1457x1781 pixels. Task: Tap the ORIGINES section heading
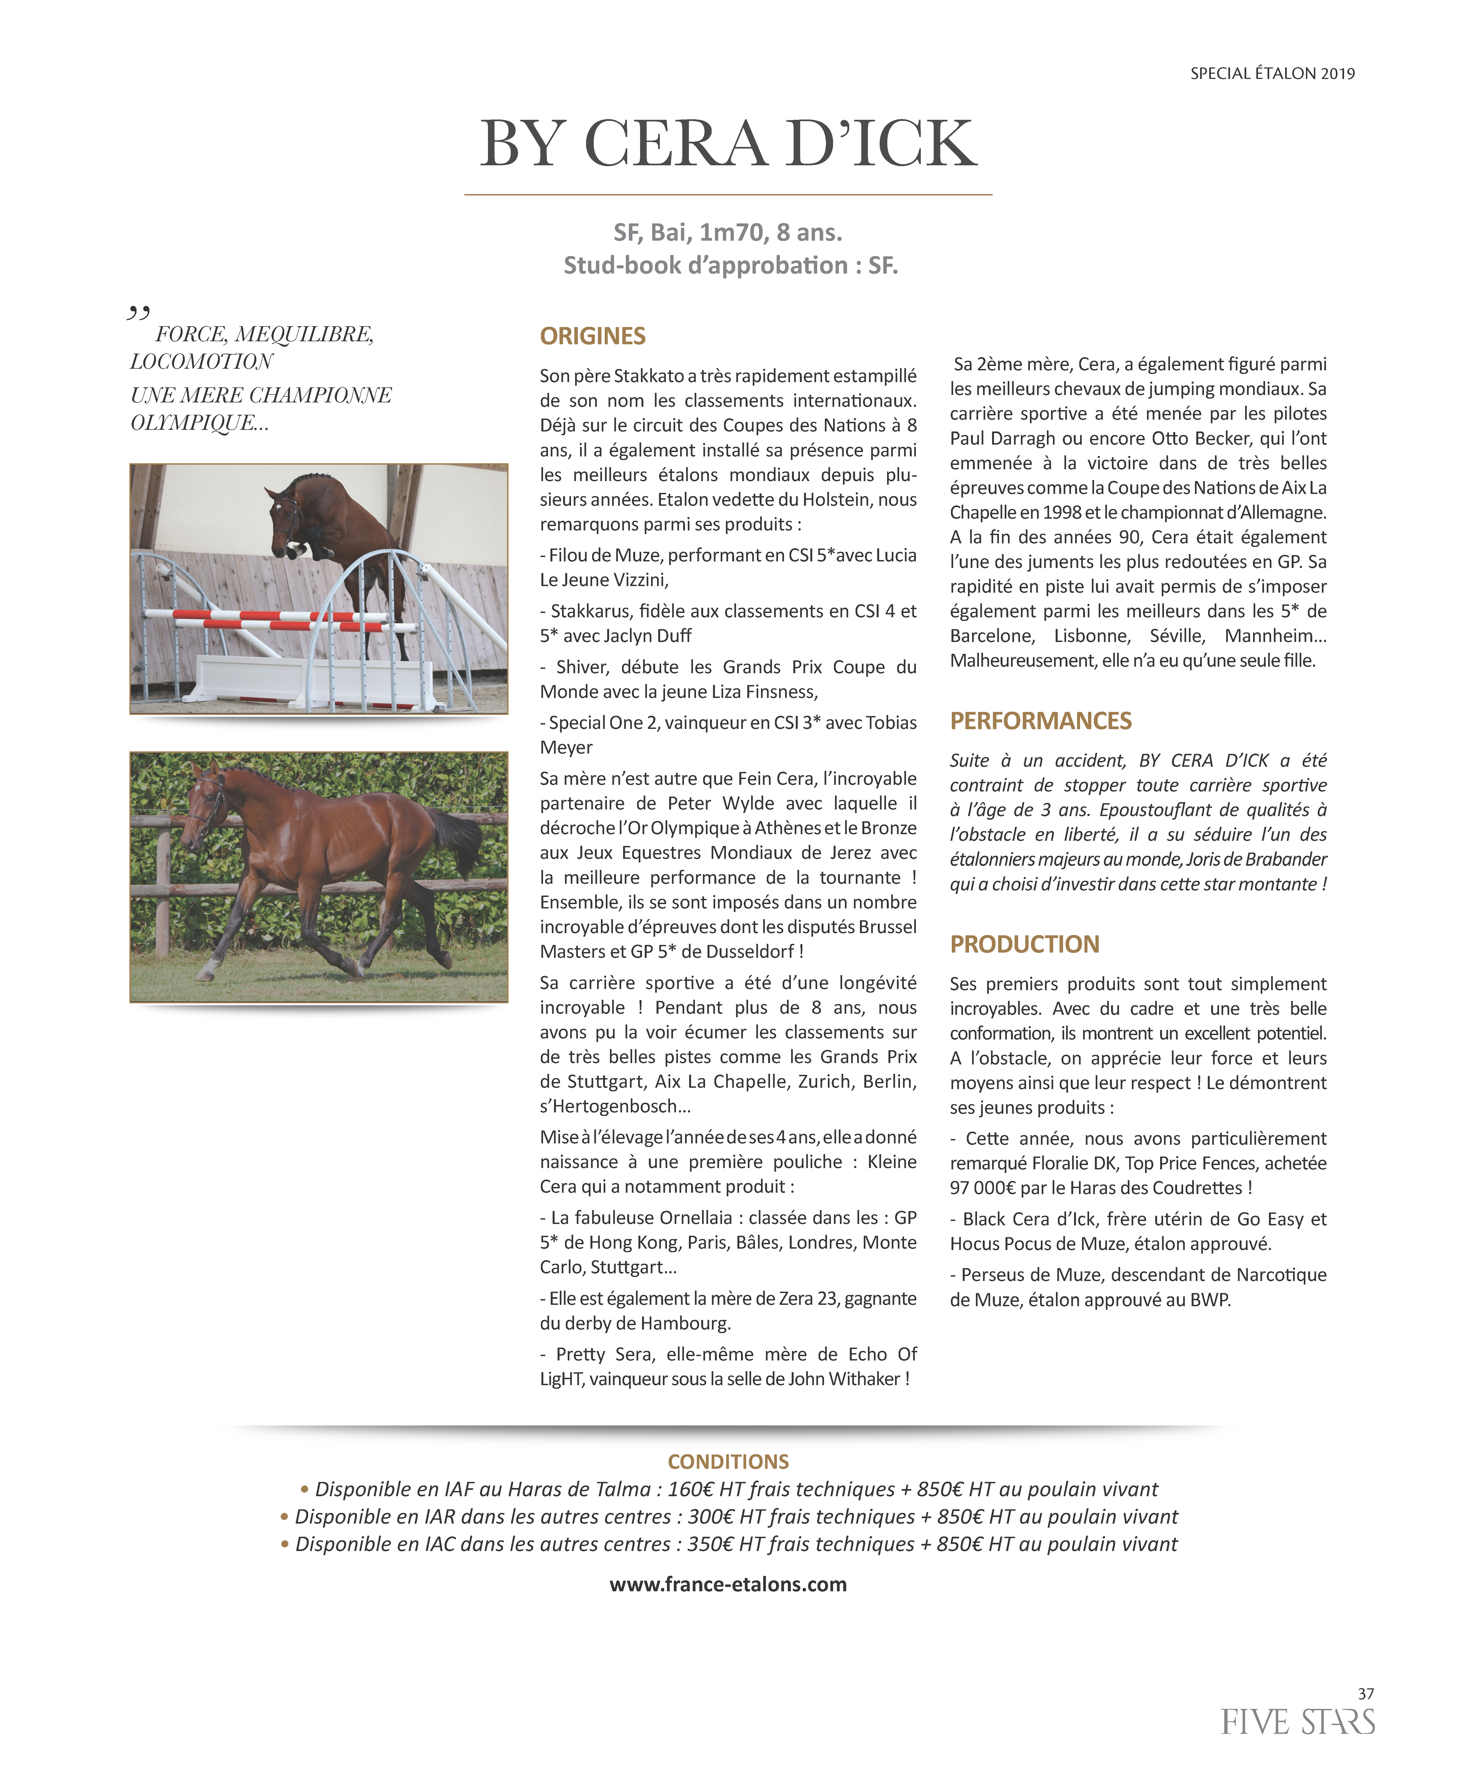point(593,337)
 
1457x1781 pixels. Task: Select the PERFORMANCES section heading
point(1041,721)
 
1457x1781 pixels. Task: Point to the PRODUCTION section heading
point(1024,944)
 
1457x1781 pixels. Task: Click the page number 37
point(1365,1694)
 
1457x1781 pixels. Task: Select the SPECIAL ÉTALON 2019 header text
point(1272,74)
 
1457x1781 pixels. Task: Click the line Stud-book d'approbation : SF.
point(730,265)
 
